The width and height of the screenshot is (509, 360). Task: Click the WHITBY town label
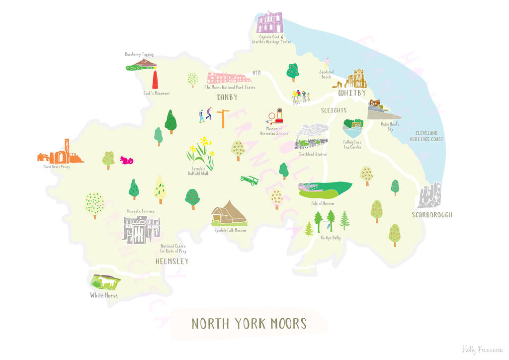(352, 93)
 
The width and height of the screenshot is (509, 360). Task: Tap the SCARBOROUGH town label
(432, 215)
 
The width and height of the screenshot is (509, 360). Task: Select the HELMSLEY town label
(172, 262)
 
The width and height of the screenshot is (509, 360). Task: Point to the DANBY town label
(228, 97)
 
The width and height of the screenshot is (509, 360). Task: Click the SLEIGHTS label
(333, 110)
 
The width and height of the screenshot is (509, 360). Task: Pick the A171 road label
(256, 73)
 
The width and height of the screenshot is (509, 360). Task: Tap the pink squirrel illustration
(126, 160)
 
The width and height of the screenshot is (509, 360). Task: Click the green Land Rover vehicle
(250, 180)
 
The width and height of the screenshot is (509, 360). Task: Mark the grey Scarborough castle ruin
(429, 195)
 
